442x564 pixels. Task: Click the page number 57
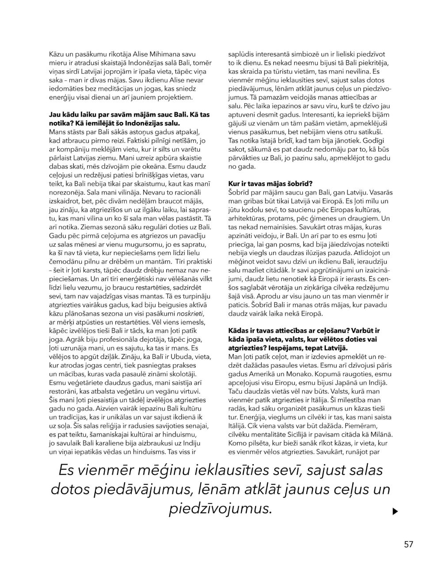coord(408,544)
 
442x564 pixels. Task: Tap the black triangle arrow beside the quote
coord(395,511)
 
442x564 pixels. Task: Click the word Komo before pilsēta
coord(237,443)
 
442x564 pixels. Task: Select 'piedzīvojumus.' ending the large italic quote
coord(220,508)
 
